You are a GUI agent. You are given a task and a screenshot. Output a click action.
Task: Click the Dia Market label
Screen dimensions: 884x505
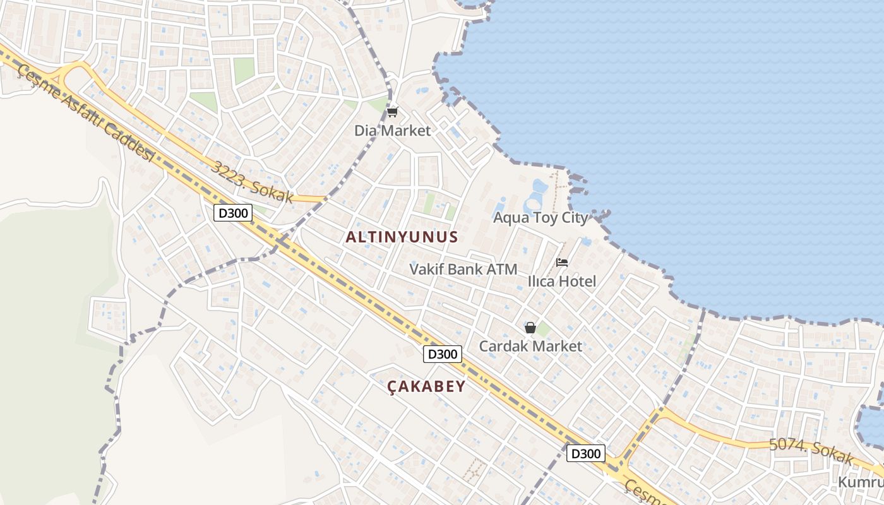tap(392, 131)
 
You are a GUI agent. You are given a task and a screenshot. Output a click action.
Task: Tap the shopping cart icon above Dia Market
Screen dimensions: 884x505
tap(392, 112)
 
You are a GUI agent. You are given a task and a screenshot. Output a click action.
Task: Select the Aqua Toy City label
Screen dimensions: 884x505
tap(541, 218)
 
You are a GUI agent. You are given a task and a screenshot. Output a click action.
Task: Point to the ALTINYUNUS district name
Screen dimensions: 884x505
tap(402, 237)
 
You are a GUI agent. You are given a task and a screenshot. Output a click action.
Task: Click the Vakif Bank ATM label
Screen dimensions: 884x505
tap(463, 269)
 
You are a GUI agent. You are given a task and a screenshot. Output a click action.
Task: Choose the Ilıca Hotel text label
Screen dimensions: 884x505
tap(561, 281)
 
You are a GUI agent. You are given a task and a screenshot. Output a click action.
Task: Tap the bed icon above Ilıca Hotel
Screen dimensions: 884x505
tap(561, 263)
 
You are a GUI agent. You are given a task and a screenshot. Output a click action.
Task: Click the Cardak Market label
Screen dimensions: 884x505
tap(530, 346)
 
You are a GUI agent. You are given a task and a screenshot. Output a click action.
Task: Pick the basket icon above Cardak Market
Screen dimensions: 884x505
tap(530, 328)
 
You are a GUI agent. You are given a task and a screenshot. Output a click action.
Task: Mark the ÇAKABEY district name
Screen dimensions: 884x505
tap(426, 386)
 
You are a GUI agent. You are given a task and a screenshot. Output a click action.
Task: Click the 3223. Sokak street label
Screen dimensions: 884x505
tap(253, 182)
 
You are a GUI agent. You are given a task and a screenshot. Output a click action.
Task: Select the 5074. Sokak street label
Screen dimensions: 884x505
tap(811, 449)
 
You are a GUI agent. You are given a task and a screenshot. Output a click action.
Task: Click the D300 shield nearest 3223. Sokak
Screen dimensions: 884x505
tap(232, 213)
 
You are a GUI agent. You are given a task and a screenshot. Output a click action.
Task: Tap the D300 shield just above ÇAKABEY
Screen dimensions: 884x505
tap(442, 354)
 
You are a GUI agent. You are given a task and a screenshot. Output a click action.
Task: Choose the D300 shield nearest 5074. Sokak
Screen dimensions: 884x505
tap(585, 453)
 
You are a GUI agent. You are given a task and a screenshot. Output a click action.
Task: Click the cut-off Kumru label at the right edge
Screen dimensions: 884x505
tap(860, 482)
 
